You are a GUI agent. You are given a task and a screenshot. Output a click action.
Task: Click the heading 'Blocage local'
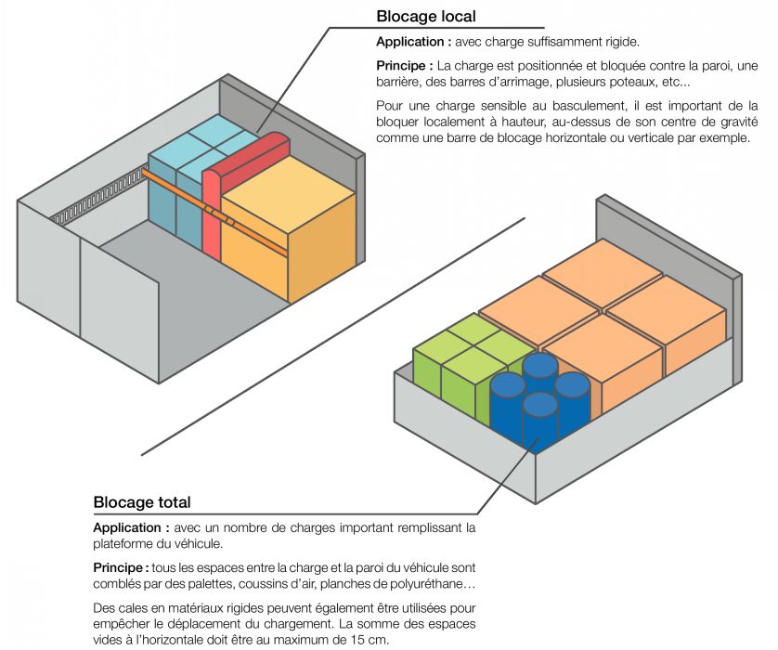pyautogui.click(x=425, y=17)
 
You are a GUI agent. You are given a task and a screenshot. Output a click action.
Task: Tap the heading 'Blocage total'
pyautogui.click(x=142, y=502)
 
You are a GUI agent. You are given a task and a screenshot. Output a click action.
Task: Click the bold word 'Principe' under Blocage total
pyautogui.click(x=119, y=567)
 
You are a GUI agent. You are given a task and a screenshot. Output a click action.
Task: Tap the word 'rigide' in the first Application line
pyautogui.click(x=619, y=43)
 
